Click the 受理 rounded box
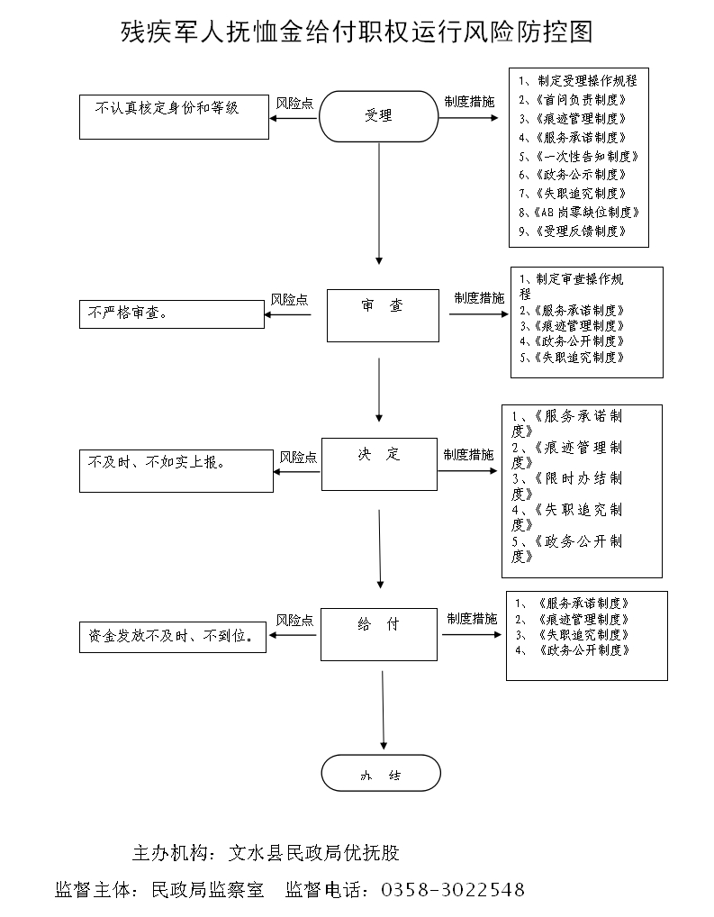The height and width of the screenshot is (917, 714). [378, 115]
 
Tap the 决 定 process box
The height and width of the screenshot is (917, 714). [378, 464]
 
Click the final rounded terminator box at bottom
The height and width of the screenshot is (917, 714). [381, 773]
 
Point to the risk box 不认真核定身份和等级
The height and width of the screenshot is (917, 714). [174, 116]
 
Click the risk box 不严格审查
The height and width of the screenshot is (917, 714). [170, 314]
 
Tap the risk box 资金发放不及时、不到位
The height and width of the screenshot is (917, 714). [172, 637]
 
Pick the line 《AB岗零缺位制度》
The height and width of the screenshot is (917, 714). [579, 213]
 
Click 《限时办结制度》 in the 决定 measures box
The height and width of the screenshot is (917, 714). [567, 486]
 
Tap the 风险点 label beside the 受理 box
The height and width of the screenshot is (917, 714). [294, 103]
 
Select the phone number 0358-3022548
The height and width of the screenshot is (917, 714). [453, 890]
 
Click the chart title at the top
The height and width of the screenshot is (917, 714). [357, 33]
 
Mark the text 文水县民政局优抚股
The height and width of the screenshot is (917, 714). [314, 852]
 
